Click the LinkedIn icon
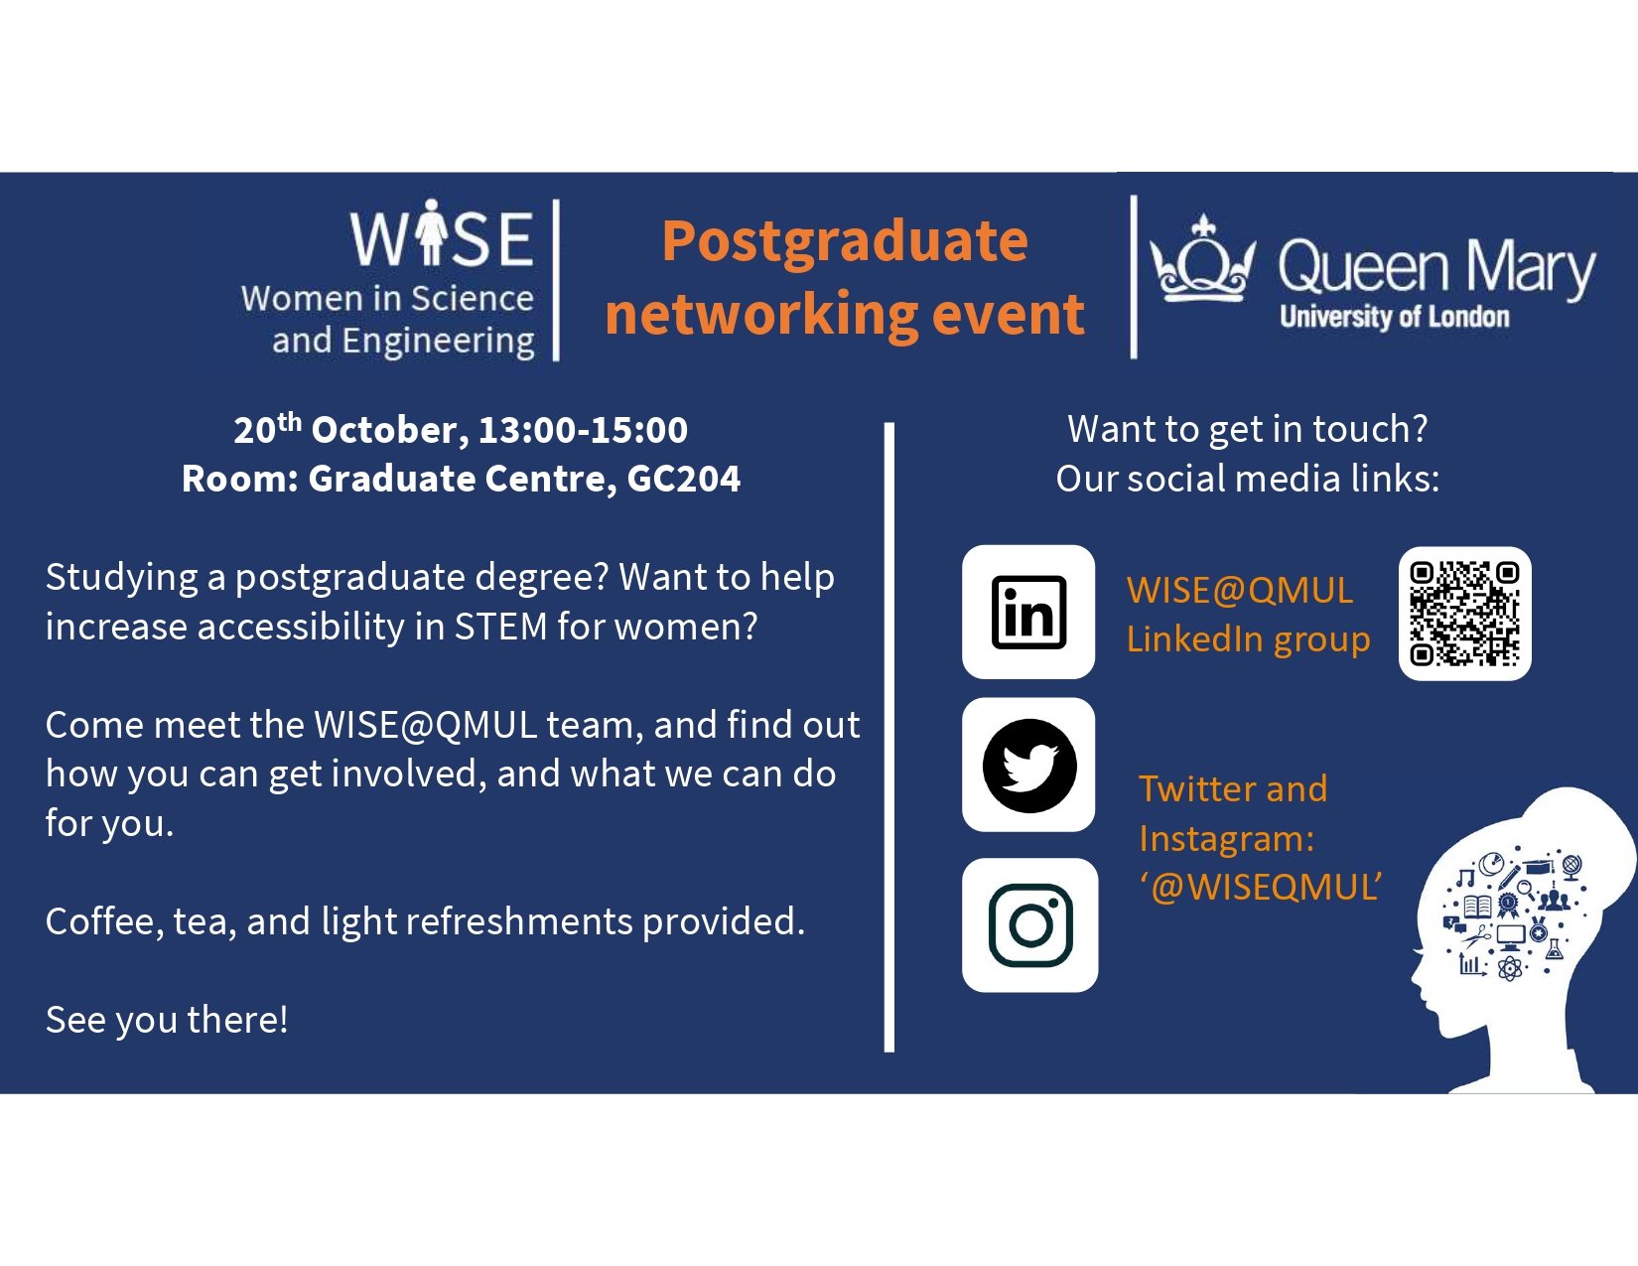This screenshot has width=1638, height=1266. (x=1028, y=612)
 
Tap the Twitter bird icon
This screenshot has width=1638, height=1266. (x=1028, y=766)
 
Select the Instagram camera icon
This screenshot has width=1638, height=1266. (x=1030, y=924)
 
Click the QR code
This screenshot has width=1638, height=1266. (x=1464, y=614)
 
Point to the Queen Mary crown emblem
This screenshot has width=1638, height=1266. (x=1202, y=259)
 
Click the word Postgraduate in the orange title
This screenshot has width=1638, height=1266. (x=845, y=241)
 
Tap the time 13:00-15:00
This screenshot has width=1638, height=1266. (x=583, y=430)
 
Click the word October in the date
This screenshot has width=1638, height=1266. (x=383, y=430)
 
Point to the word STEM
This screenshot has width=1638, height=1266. (x=500, y=627)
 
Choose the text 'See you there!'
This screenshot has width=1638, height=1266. (x=167, y=1020)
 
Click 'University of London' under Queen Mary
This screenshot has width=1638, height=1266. (x=1394, y=317)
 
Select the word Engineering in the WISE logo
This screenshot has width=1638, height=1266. (x=438, y=341)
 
